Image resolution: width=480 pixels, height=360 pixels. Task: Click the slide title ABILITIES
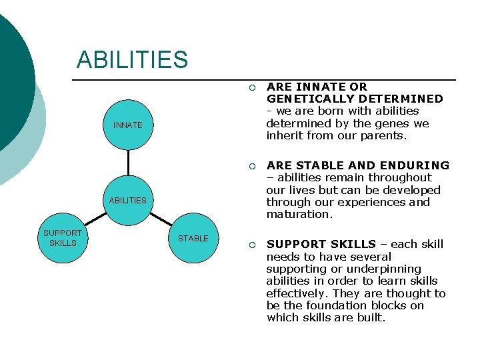(x=132, y=59)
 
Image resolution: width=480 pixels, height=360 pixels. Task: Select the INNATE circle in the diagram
(x=127, y=125)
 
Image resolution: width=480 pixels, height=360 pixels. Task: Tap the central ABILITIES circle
(x=127, y=200)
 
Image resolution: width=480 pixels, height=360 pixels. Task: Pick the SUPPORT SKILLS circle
(x=62, y=238)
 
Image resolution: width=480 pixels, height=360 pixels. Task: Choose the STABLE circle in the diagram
(x=193, y=238)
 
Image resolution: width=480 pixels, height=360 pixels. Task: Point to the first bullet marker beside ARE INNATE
(x=251, y=87)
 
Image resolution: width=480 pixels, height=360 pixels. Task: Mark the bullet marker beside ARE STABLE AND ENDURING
(x=251, y=166)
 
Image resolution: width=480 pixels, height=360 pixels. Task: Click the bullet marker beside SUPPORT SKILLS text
(x=251, y=245)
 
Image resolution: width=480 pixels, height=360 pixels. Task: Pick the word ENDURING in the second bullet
(x=417, y=165)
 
